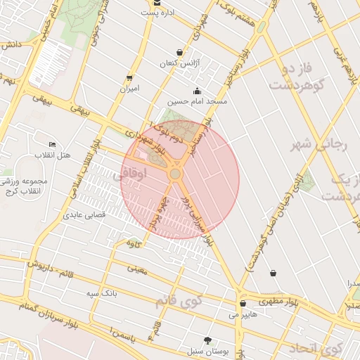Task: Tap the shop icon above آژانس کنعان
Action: pyautogui.click(x=180, y=52)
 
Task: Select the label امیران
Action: pyautogui.click(x=129, y=89)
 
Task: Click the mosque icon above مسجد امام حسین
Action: pyautogui.click(x=196, y=90)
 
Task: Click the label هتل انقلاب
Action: pyautogui.click(x=53, y=154)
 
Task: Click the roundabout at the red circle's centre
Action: pyautogui.click(x=175, y=173)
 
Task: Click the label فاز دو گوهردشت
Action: pyautogui.click(x=295, y=79)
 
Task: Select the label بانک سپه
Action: pyautogui.click(x=101, y=292)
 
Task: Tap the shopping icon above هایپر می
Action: pyautogui.click(x=243, y=304)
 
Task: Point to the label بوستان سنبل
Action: pyautogui.click(x=205, y=349)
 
